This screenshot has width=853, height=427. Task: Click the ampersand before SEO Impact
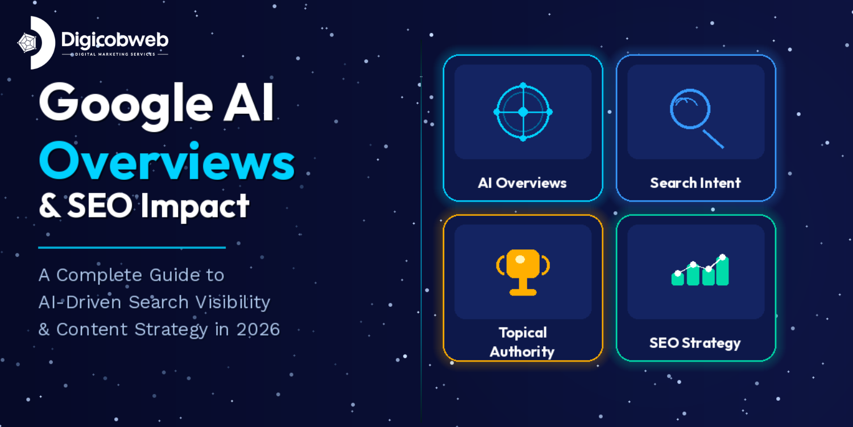(49, 206)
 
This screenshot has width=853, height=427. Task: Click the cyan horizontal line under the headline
(132, 248)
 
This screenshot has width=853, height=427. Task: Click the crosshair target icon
(523, 112)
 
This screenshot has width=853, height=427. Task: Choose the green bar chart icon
(700, 271)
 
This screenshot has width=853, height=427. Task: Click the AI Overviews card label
(522, 183)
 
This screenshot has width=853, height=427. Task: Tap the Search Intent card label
(695, 183)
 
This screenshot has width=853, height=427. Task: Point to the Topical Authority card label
(523, 342)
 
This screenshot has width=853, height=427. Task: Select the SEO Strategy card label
(695, 343)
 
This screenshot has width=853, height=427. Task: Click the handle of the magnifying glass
(713, 139)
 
